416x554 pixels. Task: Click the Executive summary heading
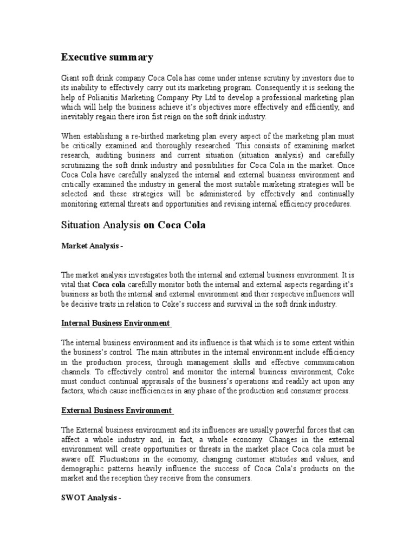tap(107, 57)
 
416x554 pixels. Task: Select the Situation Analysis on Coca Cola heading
tap(133, 225)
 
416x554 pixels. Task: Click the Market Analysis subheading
tap(92, 246)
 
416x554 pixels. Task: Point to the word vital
tap(69, 285)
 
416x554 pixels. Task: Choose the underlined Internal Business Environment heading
tap(116, 324)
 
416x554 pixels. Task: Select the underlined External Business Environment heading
tap(116, 411)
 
